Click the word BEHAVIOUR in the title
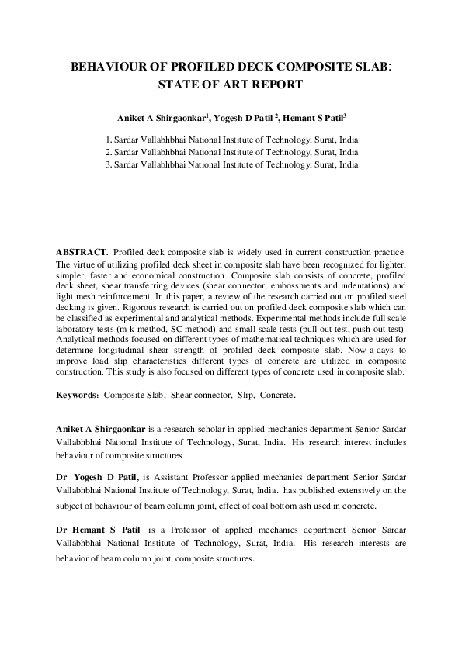(106, 67)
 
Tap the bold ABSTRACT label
(81, 253)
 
